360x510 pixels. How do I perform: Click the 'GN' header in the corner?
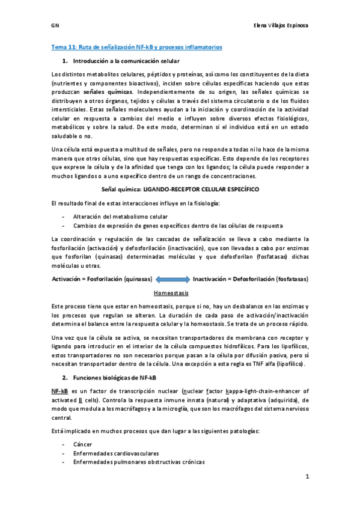(53, 26)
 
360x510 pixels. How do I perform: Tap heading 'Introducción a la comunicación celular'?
(126, 61)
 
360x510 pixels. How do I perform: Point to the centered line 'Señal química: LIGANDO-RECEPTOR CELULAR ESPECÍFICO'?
(180, 188)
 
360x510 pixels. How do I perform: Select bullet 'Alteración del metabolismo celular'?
(121, 216)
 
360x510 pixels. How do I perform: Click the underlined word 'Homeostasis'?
(171, 293)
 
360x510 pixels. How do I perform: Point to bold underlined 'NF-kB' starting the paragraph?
(60, 391)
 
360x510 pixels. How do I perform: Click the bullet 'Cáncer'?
(83, 443)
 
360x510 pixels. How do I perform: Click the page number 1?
(306, 476)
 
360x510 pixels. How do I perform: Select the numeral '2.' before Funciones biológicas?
(65, 377)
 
